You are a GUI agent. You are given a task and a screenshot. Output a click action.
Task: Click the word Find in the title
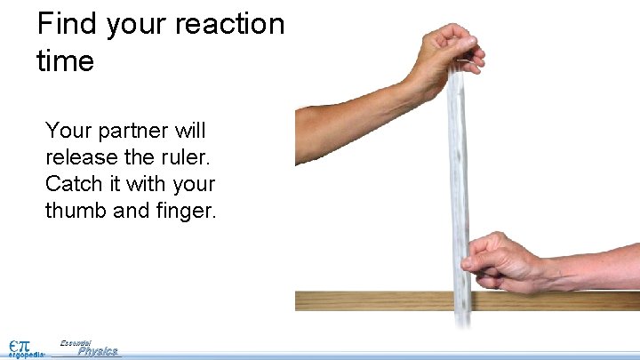point(68,24)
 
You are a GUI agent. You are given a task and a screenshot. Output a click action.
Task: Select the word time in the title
point(66,61)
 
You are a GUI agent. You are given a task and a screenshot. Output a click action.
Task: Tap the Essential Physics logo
point(89,348)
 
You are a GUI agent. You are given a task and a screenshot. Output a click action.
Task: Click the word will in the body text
point(188,132)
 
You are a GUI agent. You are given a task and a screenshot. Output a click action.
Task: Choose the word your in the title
point(140,26)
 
